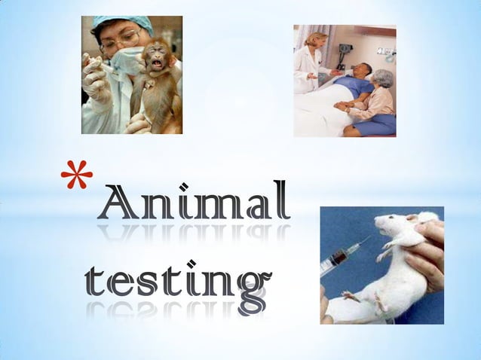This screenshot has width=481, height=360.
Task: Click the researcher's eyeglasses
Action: (121, 40)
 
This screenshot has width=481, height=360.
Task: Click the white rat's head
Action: (392, 227)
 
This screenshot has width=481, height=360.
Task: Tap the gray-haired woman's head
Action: (384, 78)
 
